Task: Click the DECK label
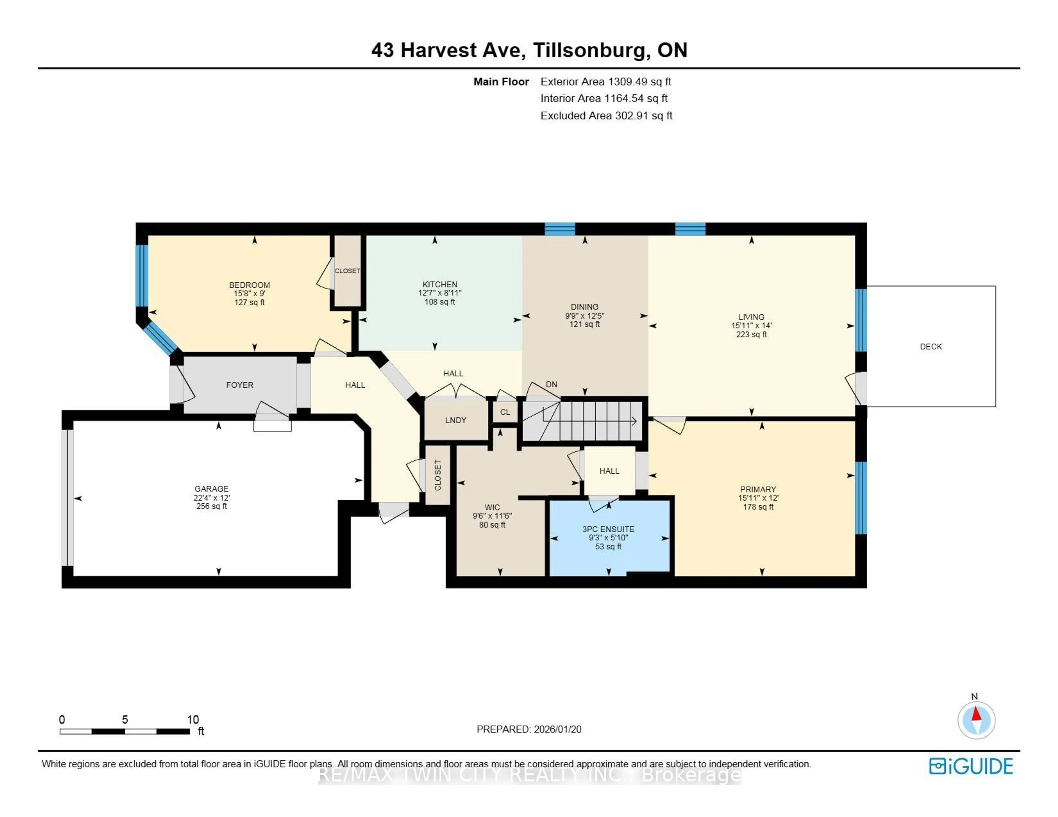click(931, 347)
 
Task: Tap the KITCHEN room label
click(439, 284)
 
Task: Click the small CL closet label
click(505, 412)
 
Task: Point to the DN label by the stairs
click(551, 384)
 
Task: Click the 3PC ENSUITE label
click(608, 529)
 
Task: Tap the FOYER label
click(239, 385)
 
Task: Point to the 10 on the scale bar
click(193, 720)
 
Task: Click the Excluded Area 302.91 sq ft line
click(606, 116)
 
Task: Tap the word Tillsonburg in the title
click(590, 50)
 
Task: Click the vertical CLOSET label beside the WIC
click(438, 475)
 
